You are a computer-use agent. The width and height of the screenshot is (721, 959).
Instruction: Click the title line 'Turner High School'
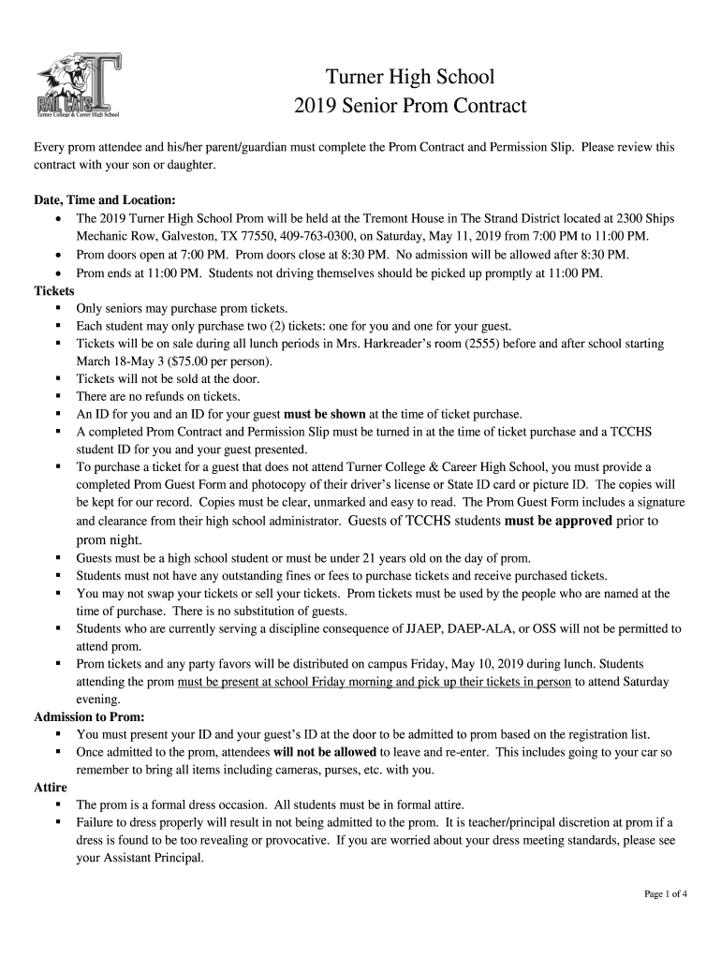point(409,76)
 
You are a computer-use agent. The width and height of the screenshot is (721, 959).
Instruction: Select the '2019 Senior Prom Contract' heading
point(409,106)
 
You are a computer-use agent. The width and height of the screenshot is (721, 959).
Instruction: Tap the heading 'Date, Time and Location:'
point(104,200)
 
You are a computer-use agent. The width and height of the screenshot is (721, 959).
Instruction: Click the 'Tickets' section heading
point(54,290)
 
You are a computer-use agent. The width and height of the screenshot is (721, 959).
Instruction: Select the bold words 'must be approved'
point(558,521)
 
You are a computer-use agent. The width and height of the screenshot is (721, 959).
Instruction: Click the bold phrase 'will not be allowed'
point(325,752)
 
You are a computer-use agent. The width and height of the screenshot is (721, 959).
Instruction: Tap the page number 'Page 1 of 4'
point(666,893)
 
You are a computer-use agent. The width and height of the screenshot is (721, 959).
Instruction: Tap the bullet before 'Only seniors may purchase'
point(59,308)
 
